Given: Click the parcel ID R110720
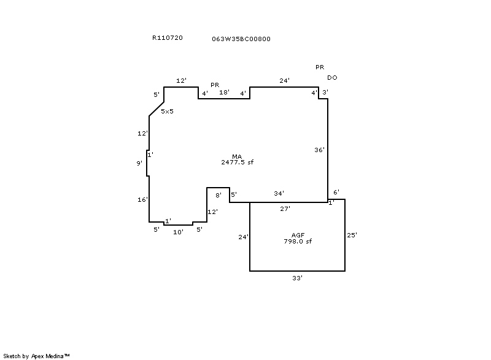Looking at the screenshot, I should pos(167,38).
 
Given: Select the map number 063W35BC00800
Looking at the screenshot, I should pos(241,39).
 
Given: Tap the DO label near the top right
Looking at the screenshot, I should pos(332,78).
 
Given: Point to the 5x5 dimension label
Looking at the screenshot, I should pos(167,112).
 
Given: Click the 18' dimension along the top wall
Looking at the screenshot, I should pos(225,93).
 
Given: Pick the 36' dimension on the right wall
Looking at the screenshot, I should pos(319,150).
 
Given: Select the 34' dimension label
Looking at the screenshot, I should pos(279,194).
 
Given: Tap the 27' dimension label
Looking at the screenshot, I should pos(285,209).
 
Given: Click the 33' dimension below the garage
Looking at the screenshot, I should pos(297,278).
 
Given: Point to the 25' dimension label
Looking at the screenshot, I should pos(352,235).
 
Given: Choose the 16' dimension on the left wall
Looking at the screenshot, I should pos(143,200).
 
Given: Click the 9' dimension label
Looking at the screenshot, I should pos(140,163).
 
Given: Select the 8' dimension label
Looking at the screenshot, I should pos(218,195).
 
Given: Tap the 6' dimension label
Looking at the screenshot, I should pos(336,193).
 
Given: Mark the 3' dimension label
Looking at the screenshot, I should pos(325,93).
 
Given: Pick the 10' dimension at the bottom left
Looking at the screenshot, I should pos(178,232).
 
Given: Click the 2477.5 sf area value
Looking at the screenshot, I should pos(238,163).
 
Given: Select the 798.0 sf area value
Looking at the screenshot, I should pos(298,242).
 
